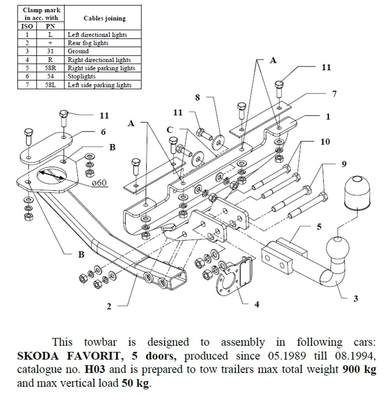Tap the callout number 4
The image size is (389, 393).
click(x=256, y=304)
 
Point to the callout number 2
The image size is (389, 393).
click(x=109, y=307)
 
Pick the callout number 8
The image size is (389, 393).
click(x=198, y=98)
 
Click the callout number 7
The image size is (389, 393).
click(x=334, y=94)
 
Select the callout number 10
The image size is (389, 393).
click(x=325, y=142)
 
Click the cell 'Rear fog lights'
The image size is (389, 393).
click(x=88, y=43)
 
